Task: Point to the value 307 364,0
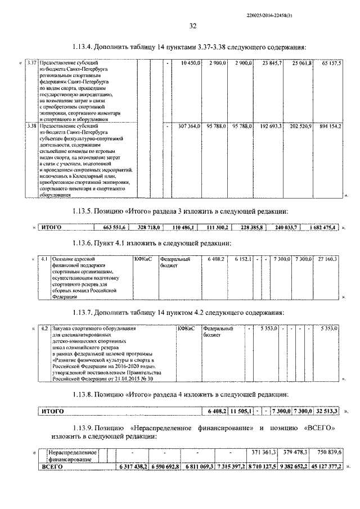click(190, 127)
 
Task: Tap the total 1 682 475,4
click(322, 227)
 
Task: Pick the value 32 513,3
click(327, 412)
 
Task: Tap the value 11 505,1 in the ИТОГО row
click(241, 412)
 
